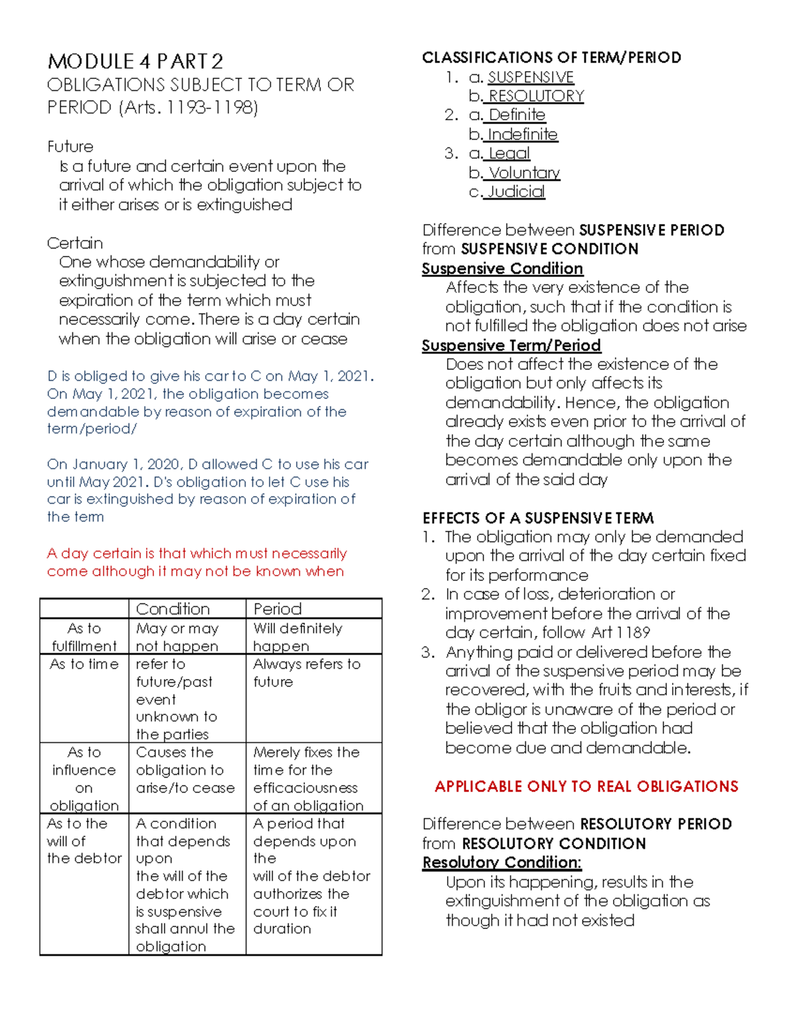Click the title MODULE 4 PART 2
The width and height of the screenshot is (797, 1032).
coord(135,62)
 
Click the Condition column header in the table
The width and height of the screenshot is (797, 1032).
coord(173,609)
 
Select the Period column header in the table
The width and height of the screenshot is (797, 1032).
coord(278,609)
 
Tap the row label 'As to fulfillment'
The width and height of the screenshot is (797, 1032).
coord(84,637)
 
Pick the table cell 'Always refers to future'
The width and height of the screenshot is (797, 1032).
coord(306,672)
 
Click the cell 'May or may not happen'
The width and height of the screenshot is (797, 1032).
coord(177,637)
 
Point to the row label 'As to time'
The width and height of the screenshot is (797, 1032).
coord(84,664)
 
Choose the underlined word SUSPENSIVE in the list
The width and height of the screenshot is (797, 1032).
coord(531,77)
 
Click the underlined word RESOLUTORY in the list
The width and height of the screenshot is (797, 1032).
coord(536,96)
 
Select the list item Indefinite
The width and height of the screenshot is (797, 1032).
coord(522,134)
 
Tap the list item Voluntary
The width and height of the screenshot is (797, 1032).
coord(524,173)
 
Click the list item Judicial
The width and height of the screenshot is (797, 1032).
coord(516,192)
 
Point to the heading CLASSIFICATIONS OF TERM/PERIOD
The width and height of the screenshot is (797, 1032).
coord(551,58)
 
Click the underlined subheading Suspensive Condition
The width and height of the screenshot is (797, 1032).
coord(502,268)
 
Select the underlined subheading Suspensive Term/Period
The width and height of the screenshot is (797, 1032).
coord(511,346)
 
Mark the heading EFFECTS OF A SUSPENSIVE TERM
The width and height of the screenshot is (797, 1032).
coord(538,518)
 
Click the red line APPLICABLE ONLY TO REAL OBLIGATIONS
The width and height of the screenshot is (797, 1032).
coord(586,786)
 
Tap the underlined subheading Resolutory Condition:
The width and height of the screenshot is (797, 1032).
coord(501,863)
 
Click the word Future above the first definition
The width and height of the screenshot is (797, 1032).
coord(70,146)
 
